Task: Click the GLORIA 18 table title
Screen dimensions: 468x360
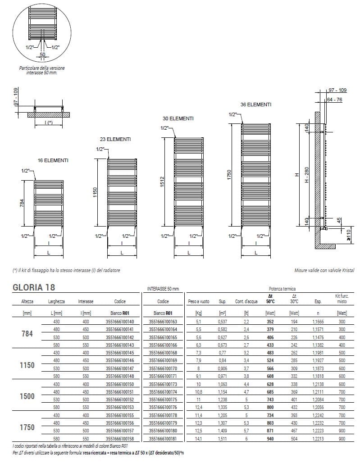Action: (x=34, y=287)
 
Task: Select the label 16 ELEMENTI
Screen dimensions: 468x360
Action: (x=53, y=160)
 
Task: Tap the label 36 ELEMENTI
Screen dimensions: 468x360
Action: (x=256, y=105)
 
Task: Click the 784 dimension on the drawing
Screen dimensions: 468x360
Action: (x=21, y=203)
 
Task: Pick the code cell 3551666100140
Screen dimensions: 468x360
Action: (x=119, y=322)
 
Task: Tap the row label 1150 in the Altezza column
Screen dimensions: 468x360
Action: (x=27, y=365)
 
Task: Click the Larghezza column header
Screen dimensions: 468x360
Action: (x=57, y=301)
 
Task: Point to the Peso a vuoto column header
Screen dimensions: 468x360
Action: (x=198, y=301)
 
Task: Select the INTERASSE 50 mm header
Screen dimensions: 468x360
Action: (x=163, y=288)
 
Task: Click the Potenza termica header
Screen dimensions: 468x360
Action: (x=283, y=288)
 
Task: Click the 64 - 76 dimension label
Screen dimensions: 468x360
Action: (x=334, y=100)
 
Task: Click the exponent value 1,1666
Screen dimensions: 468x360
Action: (x=318, y=322)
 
